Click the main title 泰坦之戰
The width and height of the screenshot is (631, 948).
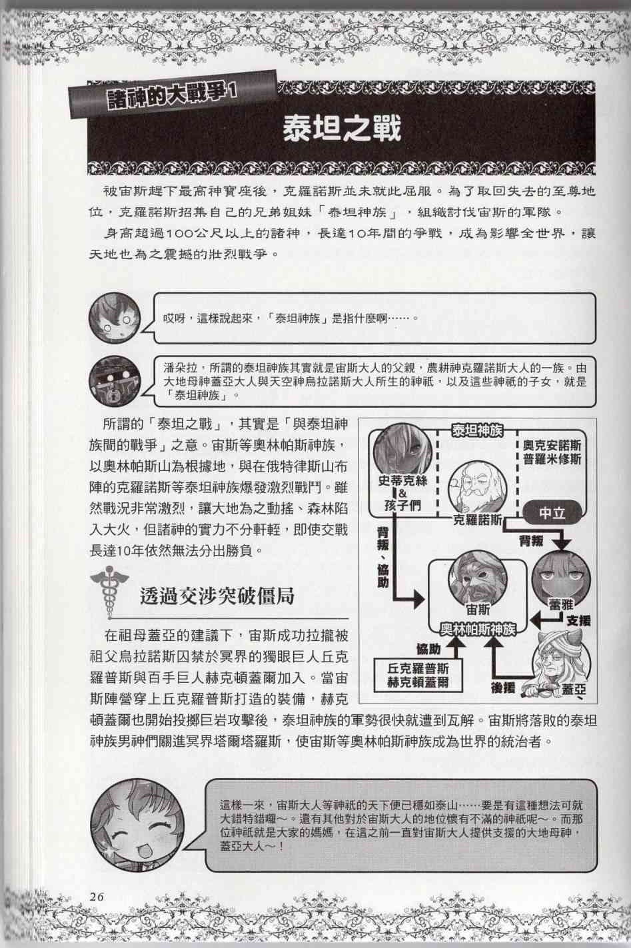point(342,128)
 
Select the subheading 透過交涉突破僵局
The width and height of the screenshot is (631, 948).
point(218,595)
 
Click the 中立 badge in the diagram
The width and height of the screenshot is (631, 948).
point(552,514)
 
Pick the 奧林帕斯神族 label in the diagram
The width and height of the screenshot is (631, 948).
point(474,629)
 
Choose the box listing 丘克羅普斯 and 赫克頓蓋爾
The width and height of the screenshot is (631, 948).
point(418,675)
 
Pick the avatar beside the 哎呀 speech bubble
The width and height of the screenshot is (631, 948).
point(115,317)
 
